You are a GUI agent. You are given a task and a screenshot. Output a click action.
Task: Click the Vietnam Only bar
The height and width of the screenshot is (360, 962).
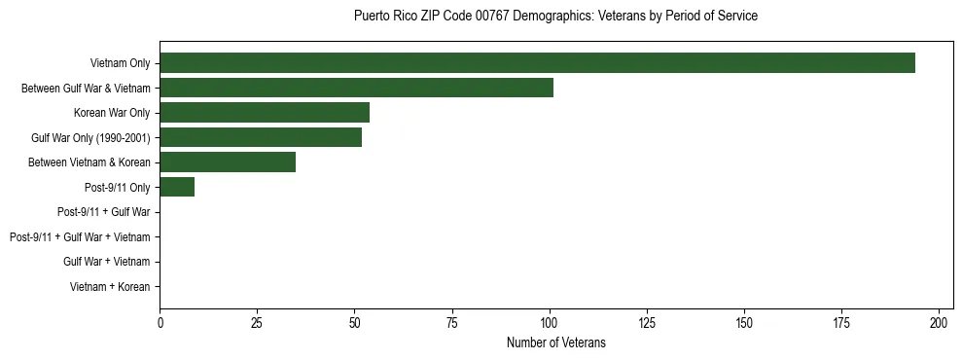[x=537, y=63]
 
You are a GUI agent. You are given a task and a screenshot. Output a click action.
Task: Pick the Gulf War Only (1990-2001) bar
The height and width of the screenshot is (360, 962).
[x=261, y=137]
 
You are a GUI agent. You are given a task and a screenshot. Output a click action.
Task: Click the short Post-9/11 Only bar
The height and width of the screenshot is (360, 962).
[x=177, y=187]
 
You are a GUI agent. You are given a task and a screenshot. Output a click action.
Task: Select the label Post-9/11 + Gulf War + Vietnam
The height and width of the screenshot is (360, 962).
[x=80, y=236]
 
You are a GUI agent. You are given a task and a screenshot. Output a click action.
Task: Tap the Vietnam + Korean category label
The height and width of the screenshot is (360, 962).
[x=110, y=286]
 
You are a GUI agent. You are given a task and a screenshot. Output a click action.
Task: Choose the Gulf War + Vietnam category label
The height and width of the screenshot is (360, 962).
[x=107, y=262]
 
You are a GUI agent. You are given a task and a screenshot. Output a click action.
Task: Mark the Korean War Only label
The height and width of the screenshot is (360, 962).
[x=112, y=113]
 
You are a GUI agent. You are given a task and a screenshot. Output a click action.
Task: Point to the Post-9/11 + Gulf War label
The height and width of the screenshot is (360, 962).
[x=104, y=212]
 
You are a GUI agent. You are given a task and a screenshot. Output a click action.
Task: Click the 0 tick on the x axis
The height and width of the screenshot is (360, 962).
[x=160, y=322]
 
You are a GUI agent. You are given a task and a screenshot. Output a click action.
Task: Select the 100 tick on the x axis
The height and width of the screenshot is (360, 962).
[x=550, y=322]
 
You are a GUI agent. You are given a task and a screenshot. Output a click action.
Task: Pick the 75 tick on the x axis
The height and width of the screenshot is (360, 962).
[x=452, y=322]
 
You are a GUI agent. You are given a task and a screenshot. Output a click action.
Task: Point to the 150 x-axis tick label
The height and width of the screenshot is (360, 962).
[x=744, y=322]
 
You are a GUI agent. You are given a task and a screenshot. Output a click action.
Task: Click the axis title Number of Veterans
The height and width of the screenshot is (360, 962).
[x=555, y=342]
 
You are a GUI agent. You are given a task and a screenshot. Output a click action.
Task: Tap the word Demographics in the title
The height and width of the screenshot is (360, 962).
[x=564, y=17]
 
